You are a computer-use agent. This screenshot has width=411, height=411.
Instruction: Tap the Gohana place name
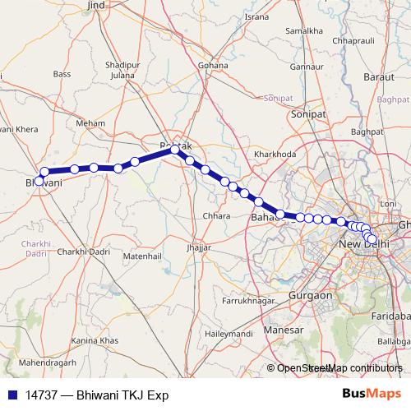pyautogui.click(x=213, y=64)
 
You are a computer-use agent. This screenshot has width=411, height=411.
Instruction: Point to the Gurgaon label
pyautogui.click(x=311, y=294)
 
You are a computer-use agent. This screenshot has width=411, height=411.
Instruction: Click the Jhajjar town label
pyautogui.click(x=199, y=247)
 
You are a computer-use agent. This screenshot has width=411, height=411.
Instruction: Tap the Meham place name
pyautogui.click(x=86, y=122)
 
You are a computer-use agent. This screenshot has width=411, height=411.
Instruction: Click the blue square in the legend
pyautogui.click(x=12, y=395)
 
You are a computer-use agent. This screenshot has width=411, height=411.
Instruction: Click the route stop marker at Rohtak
pyautogui.click(x=174, y=150)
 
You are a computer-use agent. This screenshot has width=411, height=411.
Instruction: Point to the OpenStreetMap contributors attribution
pyautogui.click(x=339, y=369)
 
